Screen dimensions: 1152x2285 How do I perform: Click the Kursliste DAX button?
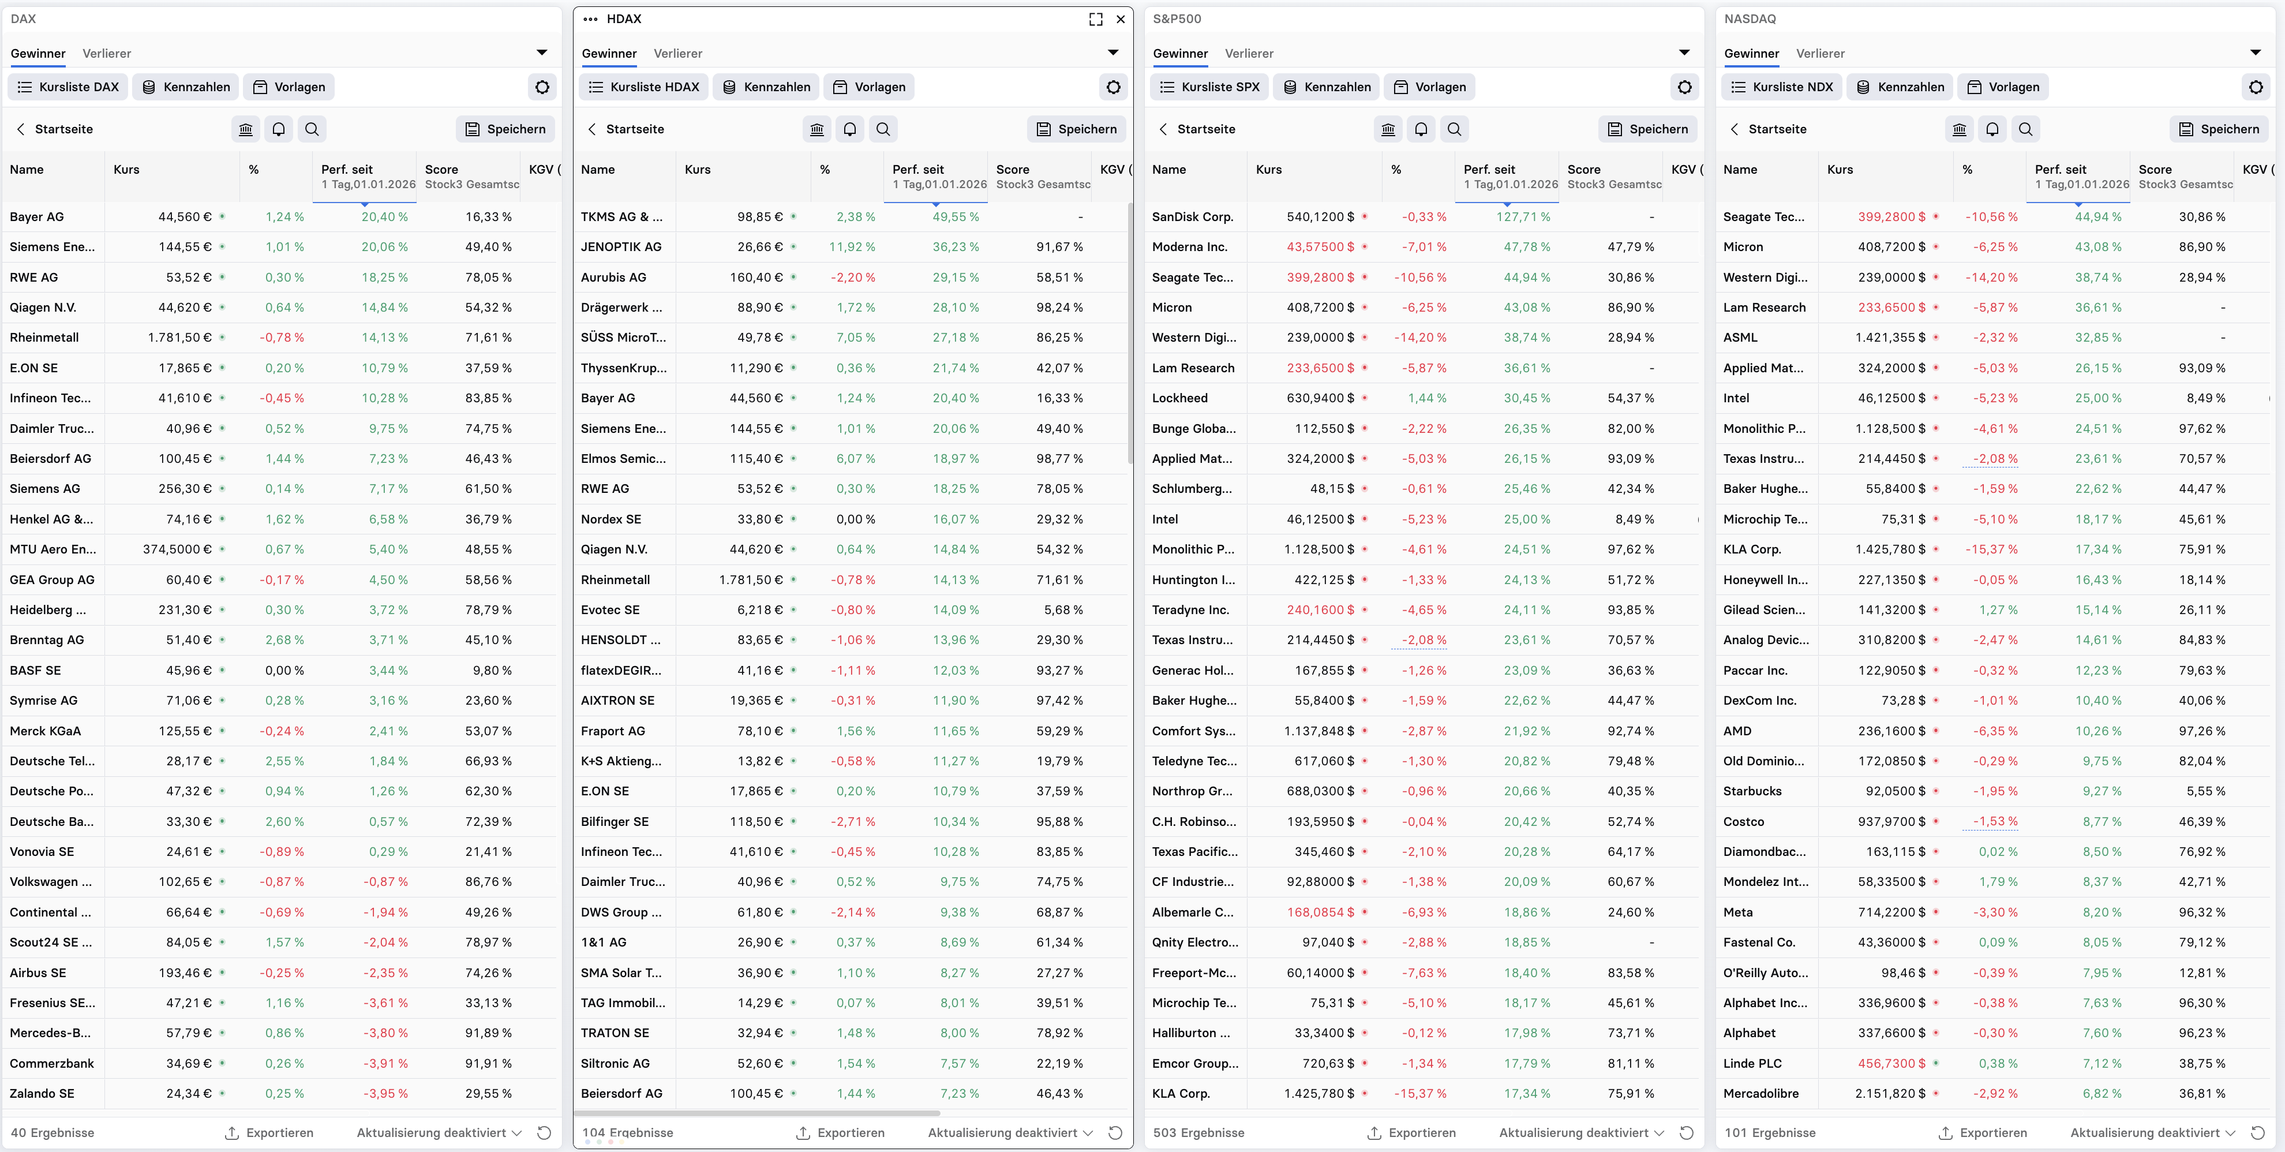click(x=68, y=87)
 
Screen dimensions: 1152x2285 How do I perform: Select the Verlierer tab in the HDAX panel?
click(x=677, y=53)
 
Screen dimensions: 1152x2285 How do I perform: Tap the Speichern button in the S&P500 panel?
click(x=1647, y=129)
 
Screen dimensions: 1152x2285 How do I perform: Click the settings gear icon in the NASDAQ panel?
click(x=2256, y=87)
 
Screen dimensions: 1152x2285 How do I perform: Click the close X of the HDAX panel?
click(x=1121, y=18)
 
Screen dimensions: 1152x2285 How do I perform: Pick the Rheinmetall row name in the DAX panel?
click(x=44, y=337)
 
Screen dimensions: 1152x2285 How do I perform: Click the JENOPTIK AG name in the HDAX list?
click(x=621, y=246)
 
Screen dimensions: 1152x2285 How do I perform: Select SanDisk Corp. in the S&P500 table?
click(x=1192, y=216)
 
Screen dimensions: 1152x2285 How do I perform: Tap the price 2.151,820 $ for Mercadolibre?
click(x=1889, y=1094)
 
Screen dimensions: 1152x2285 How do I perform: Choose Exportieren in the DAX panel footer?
click(x=269, y=1132)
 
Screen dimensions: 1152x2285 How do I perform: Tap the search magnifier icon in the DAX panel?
click(x=312, y=129)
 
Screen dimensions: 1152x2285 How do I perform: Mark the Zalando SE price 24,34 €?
click(x=188, y=1094)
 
